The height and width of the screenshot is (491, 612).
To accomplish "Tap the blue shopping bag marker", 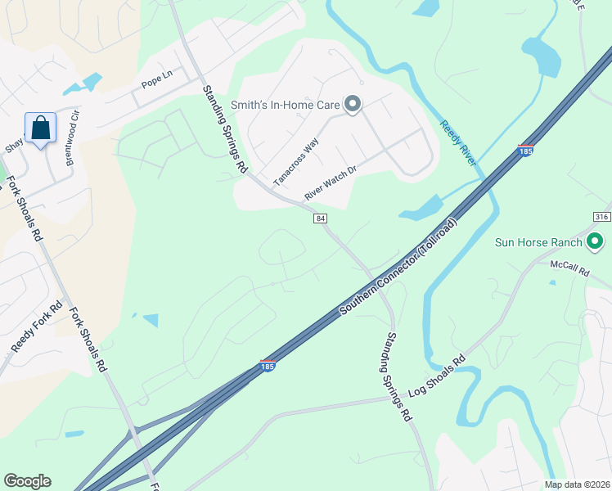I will pyautogui.click(x=40, y=128).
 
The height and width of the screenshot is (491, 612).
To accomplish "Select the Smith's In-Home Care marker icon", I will pyautogui.click(x=353, y=104).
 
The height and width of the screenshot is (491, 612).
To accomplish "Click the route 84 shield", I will pyautogui.click(x=320, y=218).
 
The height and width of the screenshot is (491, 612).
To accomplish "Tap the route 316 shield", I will pyautogui.click(x=602, y=215).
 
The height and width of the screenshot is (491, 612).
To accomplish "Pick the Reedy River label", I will pyautogui.click(x=457, y=144).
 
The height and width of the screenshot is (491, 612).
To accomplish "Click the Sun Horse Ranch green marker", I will pyautogui.click(x=595, y=242).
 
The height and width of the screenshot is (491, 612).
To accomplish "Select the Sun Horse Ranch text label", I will pyautogui.click(x=538, y=242).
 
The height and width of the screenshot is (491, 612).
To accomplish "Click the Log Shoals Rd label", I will pyautogui.click(x=435, y=374).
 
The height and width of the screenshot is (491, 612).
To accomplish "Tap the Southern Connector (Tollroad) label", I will pyautogui.click(x=399, y=266).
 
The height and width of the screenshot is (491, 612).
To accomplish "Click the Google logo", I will pyautogui.click(x=27, y=481).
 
